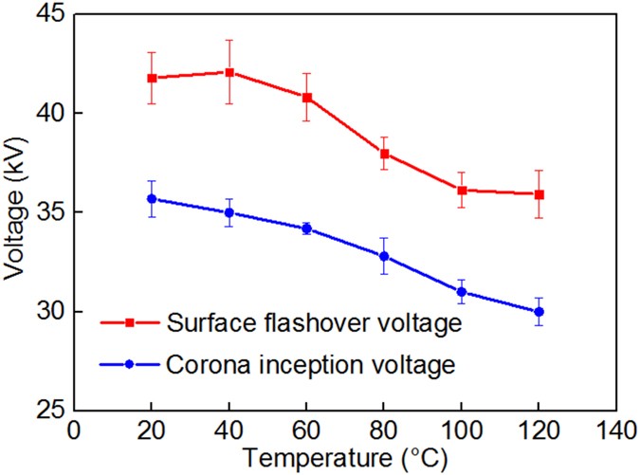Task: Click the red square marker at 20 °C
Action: (x=152, y=78)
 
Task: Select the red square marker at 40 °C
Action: (x=229, y=72)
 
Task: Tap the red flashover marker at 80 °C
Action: (x=384, y=154)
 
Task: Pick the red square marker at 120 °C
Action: (x=539, y=194)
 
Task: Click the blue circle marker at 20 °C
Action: (x=152, y=199)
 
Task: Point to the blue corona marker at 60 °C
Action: (x=306, y=228)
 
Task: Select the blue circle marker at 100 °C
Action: (x=462, y=292)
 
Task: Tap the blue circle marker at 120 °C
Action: (x=539, y=311)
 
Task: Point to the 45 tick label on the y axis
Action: (x=46, y=14)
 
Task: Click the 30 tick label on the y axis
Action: (x=46, y=312)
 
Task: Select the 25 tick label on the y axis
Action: (x=46, y=411)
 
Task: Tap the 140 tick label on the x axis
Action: (x=616, y=431)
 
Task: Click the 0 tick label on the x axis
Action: (x=74, y=431)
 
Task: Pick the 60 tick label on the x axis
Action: (x=306, y=431)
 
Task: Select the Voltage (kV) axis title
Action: (x=15, y=212)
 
